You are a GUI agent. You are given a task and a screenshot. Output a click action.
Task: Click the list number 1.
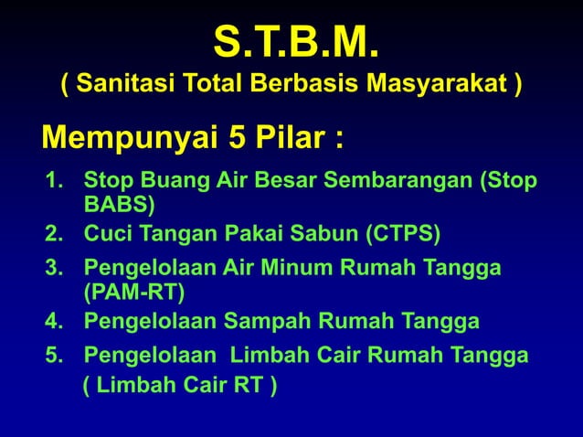click(53, 180)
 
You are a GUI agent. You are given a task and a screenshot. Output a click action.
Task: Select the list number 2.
click(53, 234)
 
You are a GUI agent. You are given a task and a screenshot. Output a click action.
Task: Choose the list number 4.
click(53, 322)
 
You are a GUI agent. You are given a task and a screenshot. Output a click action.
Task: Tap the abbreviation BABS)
click(120, 203)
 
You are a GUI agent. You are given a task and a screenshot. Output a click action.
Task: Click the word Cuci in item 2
click(105, 234)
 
